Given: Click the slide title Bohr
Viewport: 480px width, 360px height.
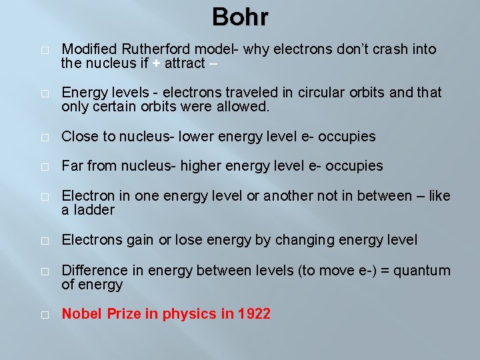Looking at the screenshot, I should coord(240,17).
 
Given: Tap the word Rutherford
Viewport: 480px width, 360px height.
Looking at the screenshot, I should coord(149,49).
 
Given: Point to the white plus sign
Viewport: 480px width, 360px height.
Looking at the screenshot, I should coord(155,64).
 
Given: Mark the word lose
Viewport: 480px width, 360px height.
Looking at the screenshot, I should coord(187,239).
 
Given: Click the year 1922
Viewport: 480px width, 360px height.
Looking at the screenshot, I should coord(254,314).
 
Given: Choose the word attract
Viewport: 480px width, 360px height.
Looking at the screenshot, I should coord(185,64).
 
